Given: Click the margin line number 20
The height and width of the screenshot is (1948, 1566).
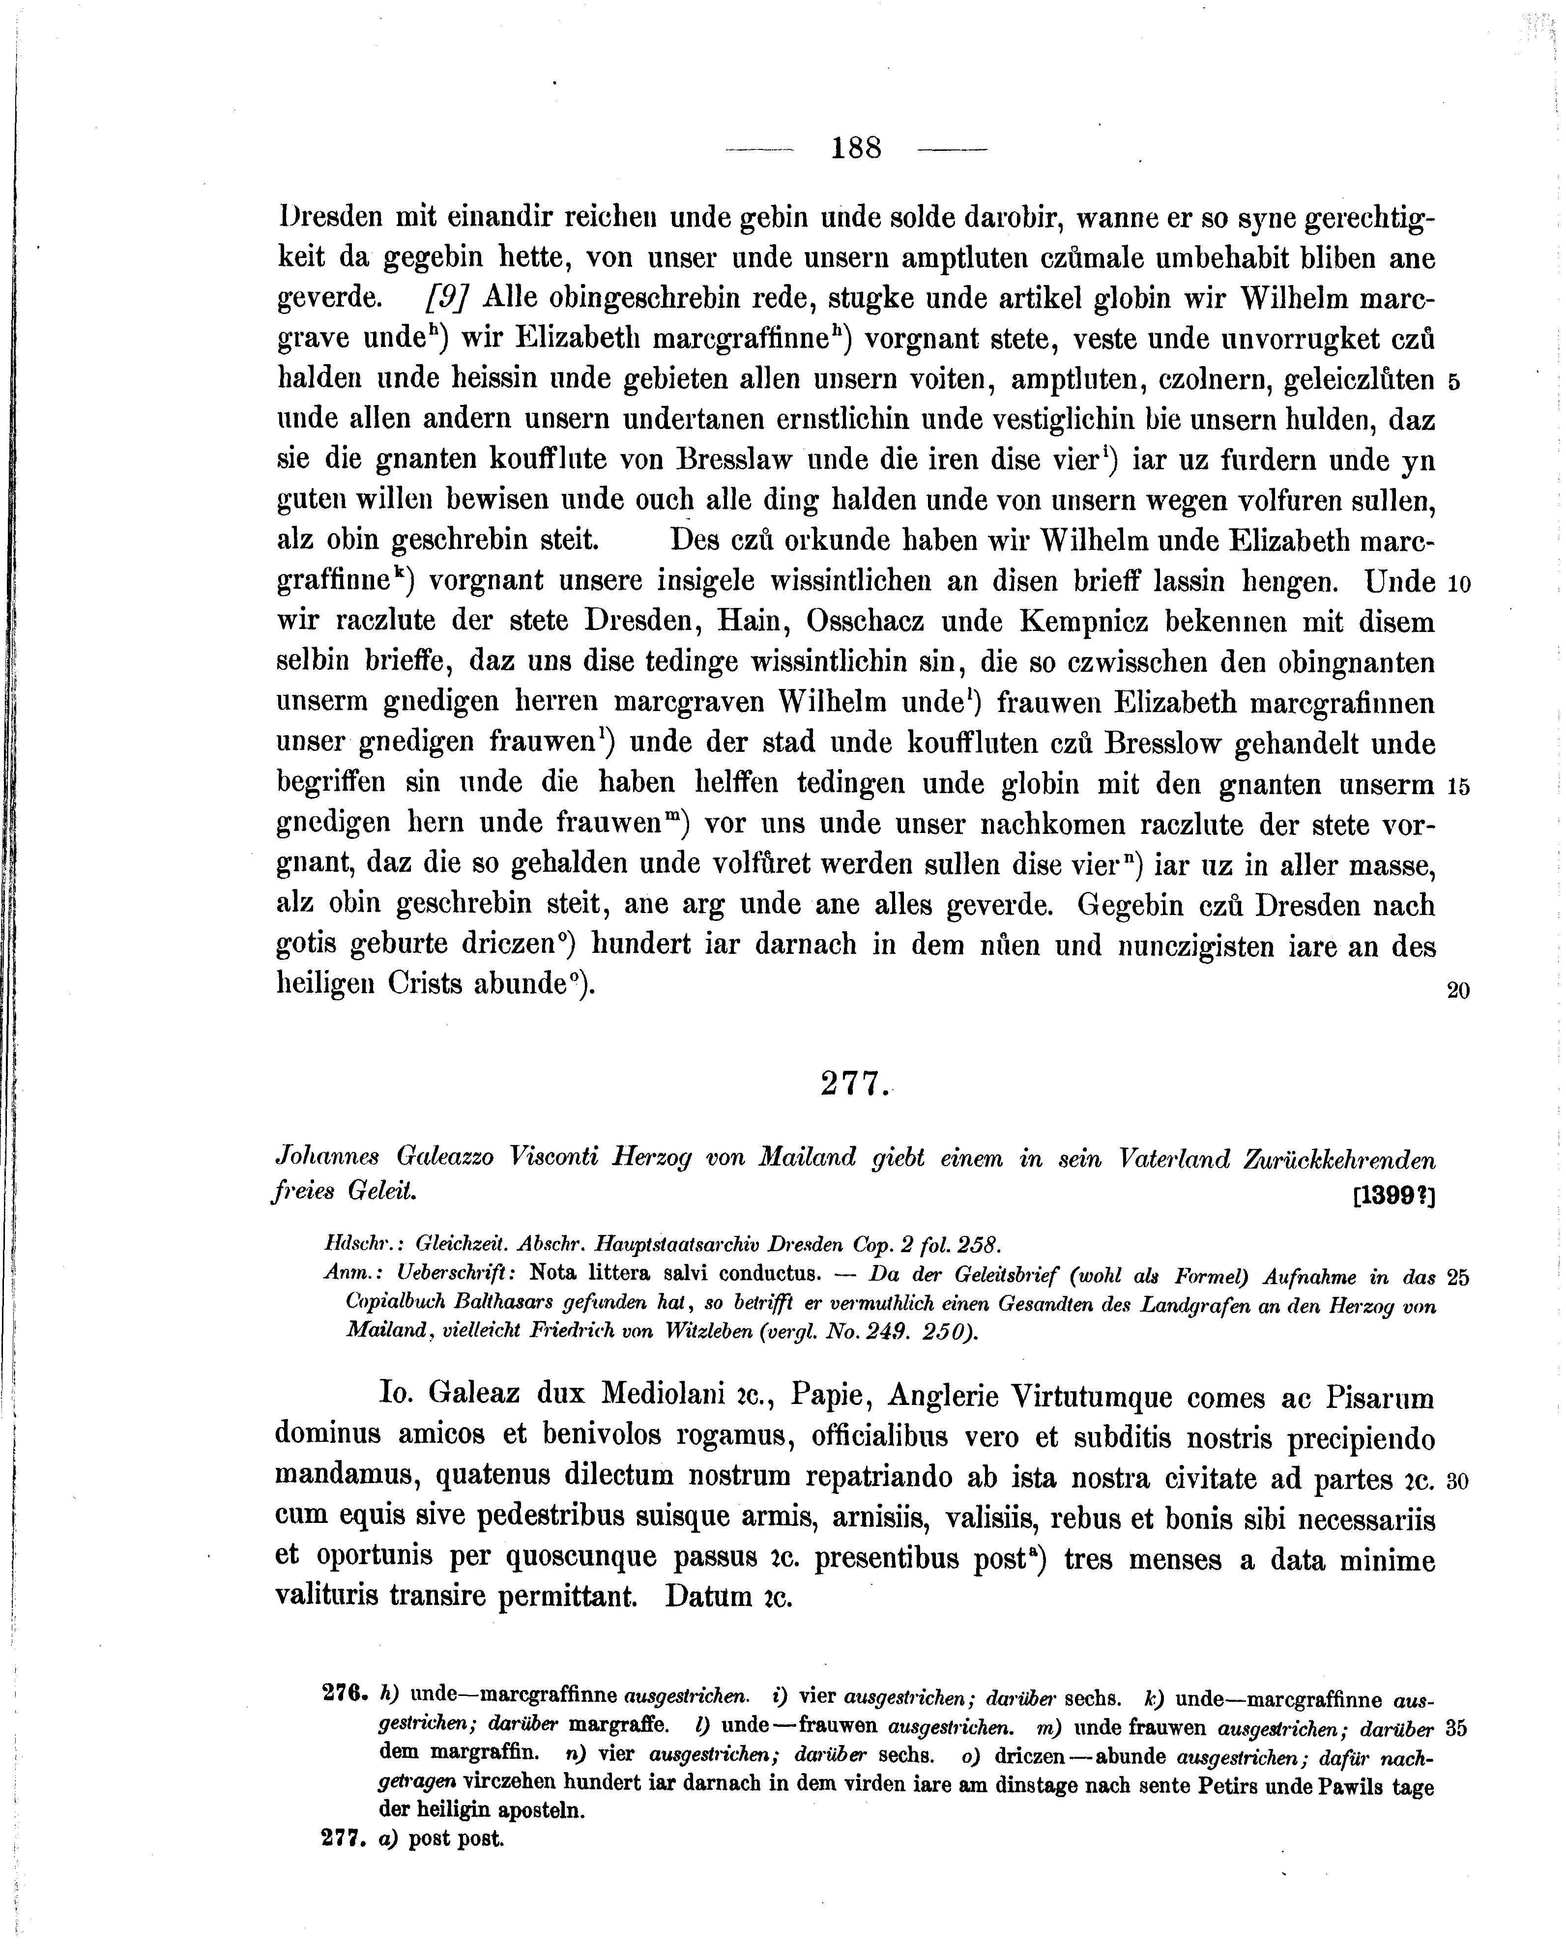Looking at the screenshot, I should (x=1457, y=991).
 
